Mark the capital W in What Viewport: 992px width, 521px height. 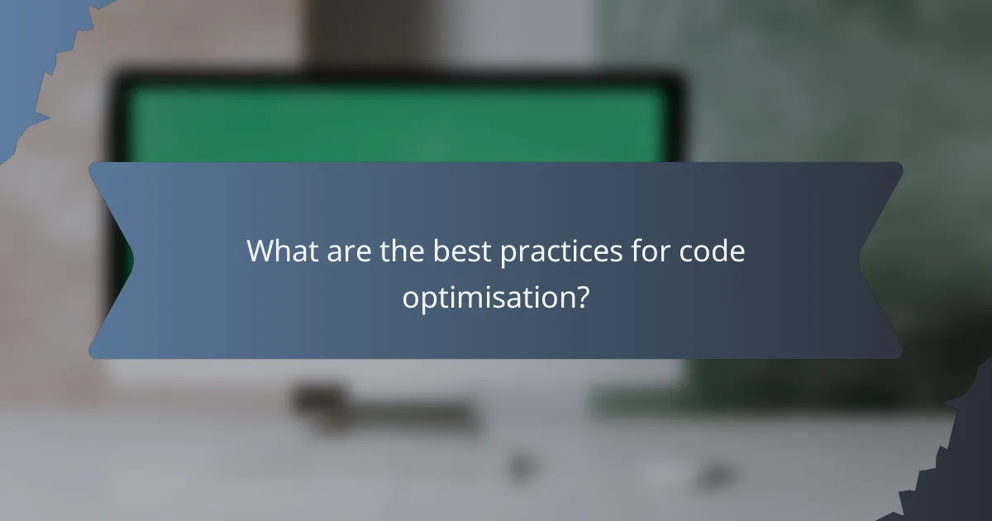[261, 251]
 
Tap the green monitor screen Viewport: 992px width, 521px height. [397, 124]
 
